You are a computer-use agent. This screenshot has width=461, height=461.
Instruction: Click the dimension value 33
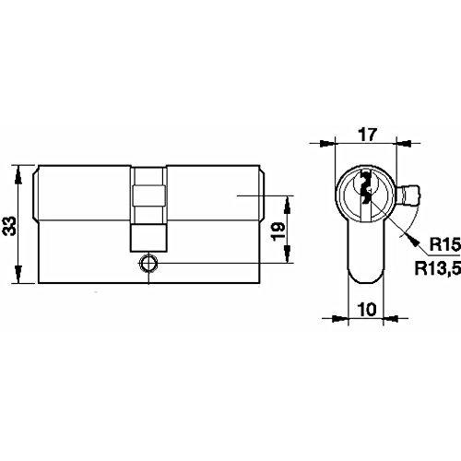click(9, 226)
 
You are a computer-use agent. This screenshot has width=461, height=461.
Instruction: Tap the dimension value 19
click(278, 231)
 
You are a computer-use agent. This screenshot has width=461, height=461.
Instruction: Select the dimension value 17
click(367, 135)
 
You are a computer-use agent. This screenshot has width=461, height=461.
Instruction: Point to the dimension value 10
click(367, 309)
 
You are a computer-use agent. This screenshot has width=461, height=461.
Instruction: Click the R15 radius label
click(444, 244)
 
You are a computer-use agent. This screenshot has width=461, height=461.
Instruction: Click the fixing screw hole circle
click(148, 264)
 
